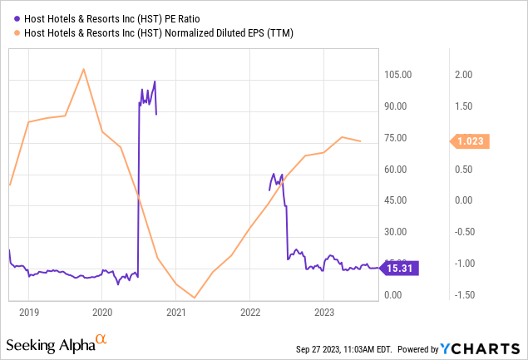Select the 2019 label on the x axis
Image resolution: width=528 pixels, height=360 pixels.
point(28,313)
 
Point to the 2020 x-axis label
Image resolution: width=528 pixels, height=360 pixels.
point(102,313)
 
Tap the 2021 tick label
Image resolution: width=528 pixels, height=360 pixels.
point(175,313)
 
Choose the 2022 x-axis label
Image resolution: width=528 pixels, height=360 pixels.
point(250,313)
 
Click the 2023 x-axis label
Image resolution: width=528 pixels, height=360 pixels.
point(323,313)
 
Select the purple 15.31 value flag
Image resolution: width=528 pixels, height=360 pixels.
point(402,268)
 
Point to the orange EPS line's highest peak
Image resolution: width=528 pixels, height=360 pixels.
point(83,68)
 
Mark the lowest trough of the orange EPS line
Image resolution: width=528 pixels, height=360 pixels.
point(195,298)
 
